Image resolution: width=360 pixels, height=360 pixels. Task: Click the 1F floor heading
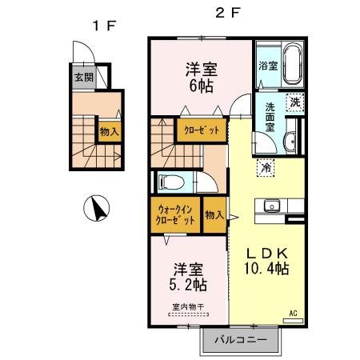(x=104, y=25)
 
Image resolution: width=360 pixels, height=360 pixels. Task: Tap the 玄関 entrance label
(x=83, y=78)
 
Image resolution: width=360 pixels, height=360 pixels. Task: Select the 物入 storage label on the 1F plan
(x=109, y=129)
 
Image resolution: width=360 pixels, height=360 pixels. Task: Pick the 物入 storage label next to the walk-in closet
(x=214, y=214)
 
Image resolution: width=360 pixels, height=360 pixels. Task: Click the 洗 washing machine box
(x=295, y=102)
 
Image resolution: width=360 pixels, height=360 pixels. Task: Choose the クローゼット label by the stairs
(x=201, y=130)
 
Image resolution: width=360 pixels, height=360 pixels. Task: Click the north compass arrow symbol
(x=97, y=210)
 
